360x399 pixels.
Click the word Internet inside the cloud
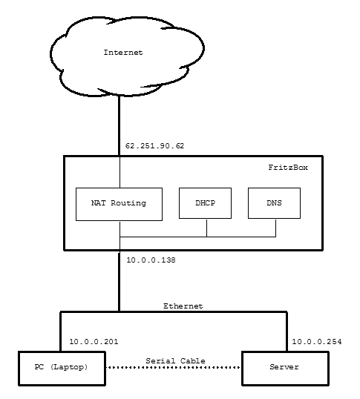pyautogui.click(x=123, y=53)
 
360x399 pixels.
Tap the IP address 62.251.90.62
pyautogui.click(x=154, y=146)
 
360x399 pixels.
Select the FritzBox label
pyautogui.click(x=288, y=167)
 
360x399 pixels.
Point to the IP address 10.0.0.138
pyautogui.click(x=151, y=260)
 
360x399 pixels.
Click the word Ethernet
pyautogui.click(x=183, y=306)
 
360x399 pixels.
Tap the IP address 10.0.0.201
pyautogui.click(x=94, y=341)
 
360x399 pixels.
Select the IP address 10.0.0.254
pyautogui.click(x=317, y=341)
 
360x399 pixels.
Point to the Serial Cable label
pyautogui.click(x=175, y=361)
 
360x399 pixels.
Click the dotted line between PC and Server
pyautogui.click(x=174, y=367)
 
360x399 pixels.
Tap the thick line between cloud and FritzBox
pyautogui.click(x=119, y=125)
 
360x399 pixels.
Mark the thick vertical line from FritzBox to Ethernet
pyautogui.click(x=119, y=281)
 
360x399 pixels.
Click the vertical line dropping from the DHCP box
pyautogui.click(x=207, y=228)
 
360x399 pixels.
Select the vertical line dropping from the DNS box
pyautogui.click(x=275, y=228)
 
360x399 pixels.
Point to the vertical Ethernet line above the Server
pyautogui.click(x=287, y=332)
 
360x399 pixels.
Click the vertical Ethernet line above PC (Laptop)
pyautogui.click(x=61, y=332)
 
